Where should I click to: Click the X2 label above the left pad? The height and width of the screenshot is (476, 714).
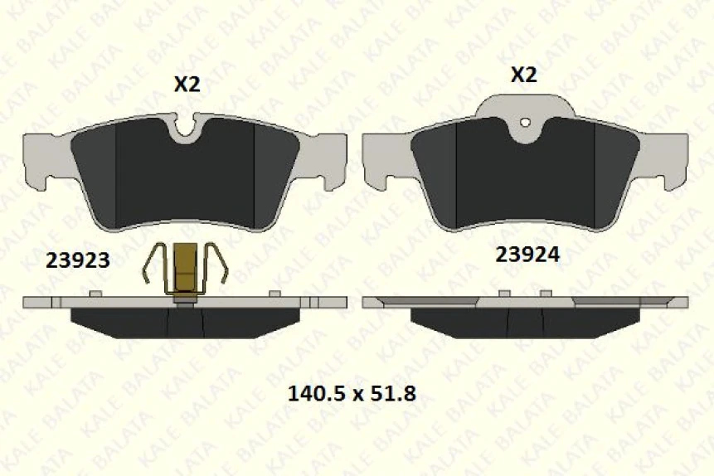click(187, 84)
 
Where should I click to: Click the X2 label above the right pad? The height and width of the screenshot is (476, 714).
click(523, 75)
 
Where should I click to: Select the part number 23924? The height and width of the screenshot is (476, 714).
click(527, 255)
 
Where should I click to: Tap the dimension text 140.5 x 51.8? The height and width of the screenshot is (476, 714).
click(351, 393)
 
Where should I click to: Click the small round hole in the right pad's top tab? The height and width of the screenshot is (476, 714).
click(524, 124)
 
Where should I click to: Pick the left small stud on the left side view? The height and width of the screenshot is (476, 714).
click(95, 294)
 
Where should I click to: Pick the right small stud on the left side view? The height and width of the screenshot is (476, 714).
click(274, 294)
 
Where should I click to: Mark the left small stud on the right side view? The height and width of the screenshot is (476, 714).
click(503, 294)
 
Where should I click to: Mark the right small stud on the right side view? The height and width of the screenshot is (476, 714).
click(546, 294)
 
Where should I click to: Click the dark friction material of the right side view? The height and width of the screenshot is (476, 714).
click(464, 322)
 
